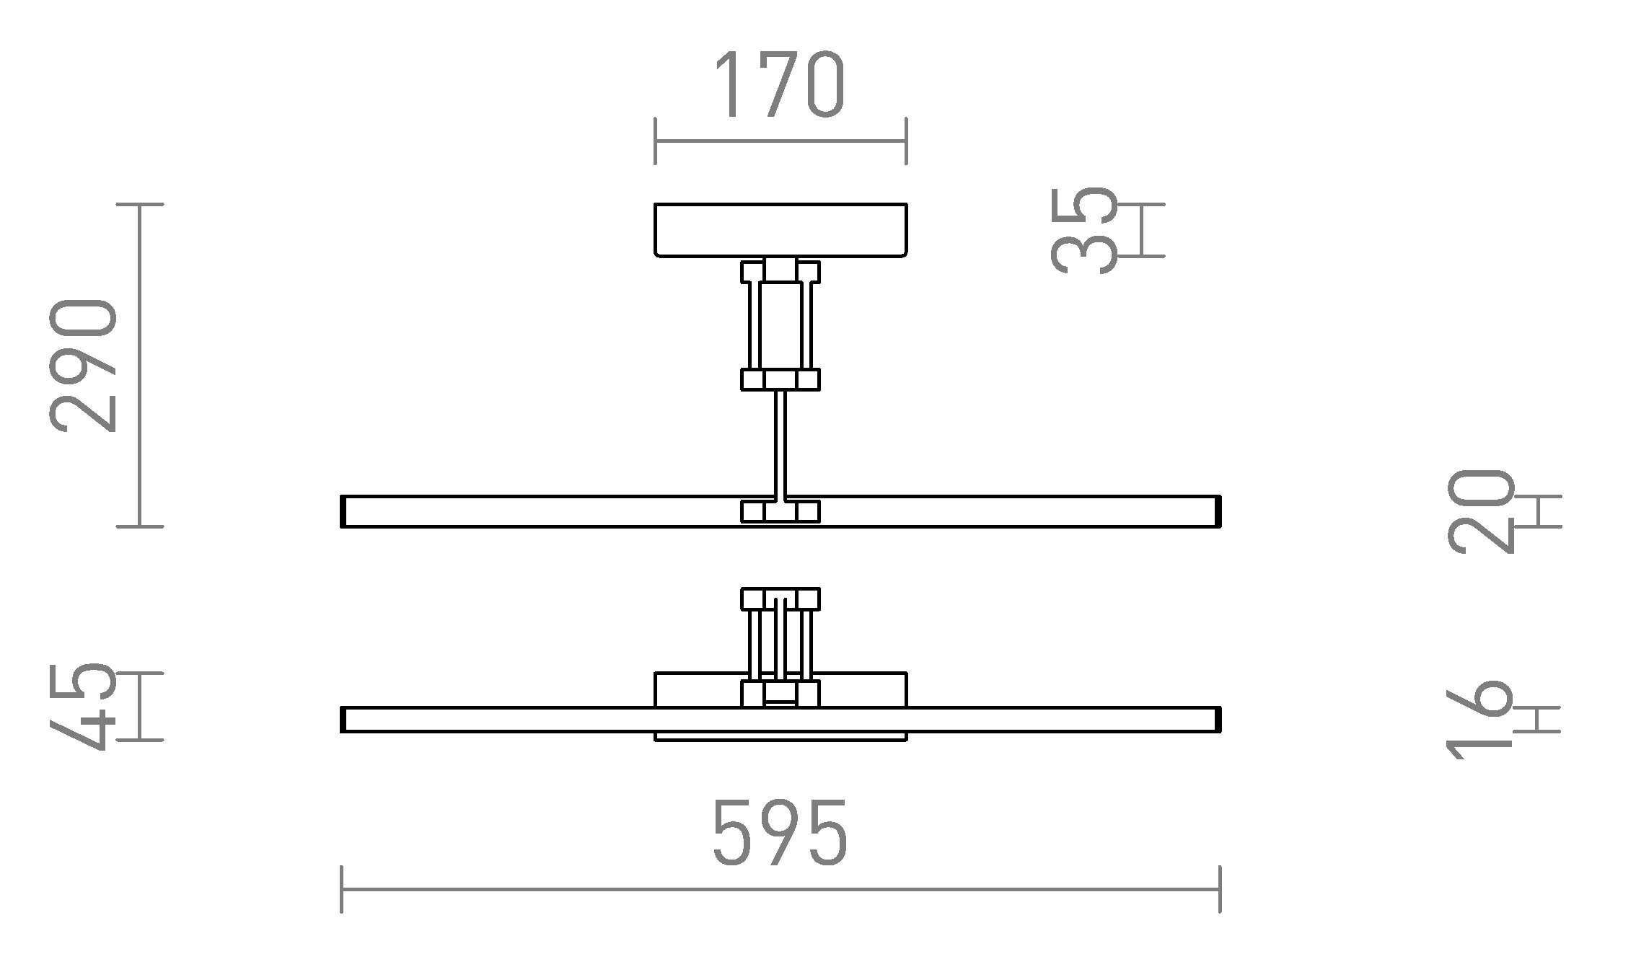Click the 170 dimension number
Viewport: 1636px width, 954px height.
click(x=779, y=84)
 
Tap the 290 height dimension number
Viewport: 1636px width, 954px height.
click(x=84, y=366)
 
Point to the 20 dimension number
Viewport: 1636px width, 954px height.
click(x=1479, y=511)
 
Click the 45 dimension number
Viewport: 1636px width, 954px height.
click(x=84, y=707)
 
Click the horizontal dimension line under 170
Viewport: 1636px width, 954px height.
click(x=780, y=141)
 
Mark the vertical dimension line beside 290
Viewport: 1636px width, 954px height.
click(x=140, y=366)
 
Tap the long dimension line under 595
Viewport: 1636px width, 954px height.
click(x=780, y=890)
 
